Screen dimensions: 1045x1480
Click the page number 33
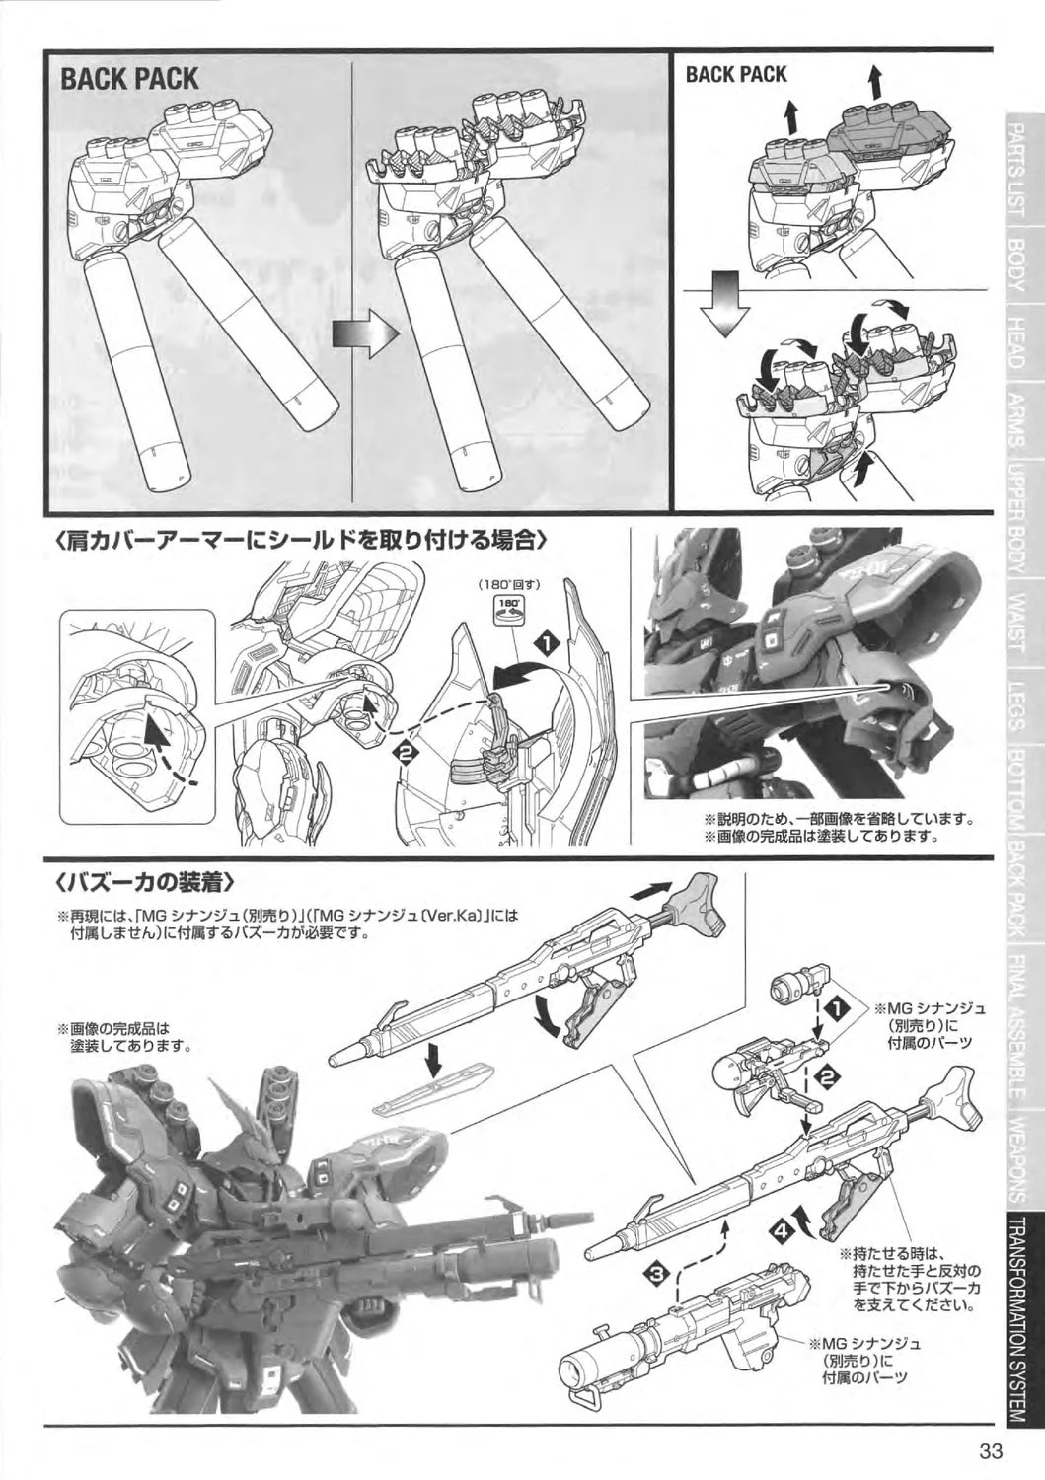992,1451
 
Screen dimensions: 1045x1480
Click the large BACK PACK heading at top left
129,80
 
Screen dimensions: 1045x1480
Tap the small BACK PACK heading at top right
736,75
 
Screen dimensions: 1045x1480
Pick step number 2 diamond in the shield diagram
406,752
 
